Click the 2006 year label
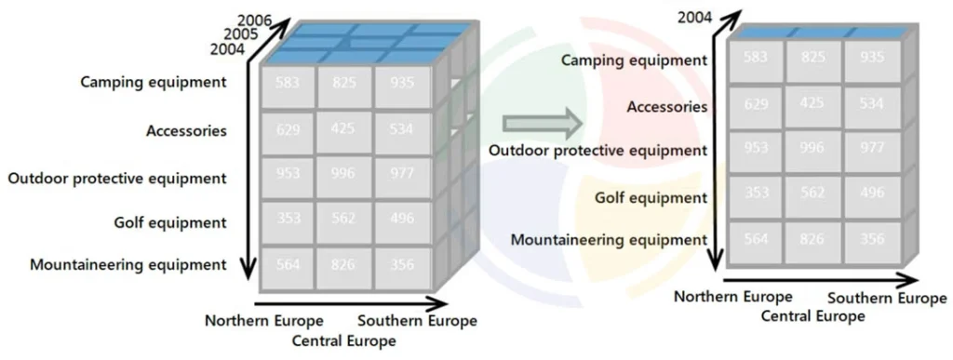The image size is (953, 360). pos(255,20)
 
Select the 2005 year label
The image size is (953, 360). pos(243,33)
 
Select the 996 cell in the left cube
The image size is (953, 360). pos(344,175)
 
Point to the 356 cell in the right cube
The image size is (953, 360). pos(873,240)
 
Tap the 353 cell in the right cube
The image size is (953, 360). pos(756,193)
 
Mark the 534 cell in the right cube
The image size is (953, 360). pos(873,104)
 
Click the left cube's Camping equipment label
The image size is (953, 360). pos(154,82)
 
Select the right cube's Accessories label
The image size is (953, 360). pos(666,107)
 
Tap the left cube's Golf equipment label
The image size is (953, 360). pos(170,222)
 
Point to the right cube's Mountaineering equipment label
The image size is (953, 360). pos(609,239)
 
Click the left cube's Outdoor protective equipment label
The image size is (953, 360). pos(117,177)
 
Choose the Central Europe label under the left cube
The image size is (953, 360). pos(343,340)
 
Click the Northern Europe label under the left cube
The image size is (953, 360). pos(264,321)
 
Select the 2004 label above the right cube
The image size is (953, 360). pos(695,16)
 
